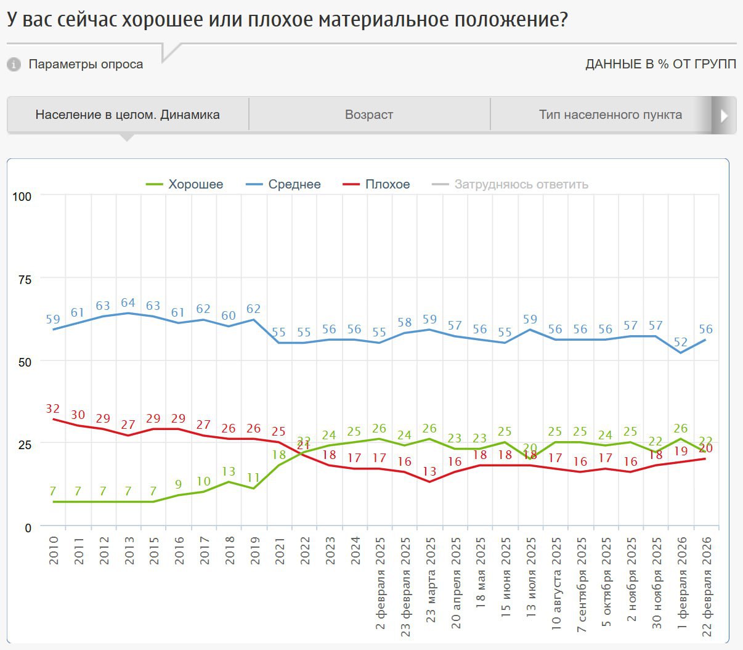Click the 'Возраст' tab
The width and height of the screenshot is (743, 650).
tap(369, 115)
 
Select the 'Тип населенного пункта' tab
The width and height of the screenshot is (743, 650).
tap(610, 115)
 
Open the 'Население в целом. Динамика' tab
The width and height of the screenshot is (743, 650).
tap(128, 115)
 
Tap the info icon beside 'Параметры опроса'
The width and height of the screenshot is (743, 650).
tap(14, 64)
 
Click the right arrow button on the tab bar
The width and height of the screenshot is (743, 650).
tap(724, 115)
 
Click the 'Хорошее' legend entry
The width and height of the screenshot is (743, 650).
tap(185, 184)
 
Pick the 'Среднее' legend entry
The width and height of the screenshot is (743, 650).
tap(283, 184)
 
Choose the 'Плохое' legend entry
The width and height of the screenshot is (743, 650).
tap(376, 184)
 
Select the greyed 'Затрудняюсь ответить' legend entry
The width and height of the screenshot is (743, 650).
tap(511, 184)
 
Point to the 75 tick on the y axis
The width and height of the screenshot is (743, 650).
tap(25, 279)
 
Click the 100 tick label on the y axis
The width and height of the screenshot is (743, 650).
tap(22, 197)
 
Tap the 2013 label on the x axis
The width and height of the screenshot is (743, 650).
tap(129, 550)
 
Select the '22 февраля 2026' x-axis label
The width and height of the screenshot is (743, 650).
tap(707, 585)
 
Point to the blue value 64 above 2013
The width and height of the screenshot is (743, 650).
tap(128, 303)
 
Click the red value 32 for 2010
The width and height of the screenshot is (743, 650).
tap(52, 408)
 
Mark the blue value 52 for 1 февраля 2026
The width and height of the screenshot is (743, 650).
tap(681, 342)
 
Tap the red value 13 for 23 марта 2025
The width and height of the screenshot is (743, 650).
tap(429, 471)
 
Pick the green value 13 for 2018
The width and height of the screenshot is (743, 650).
tap(229, 471)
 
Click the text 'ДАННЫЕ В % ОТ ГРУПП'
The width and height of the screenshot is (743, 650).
tap(660, 64)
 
